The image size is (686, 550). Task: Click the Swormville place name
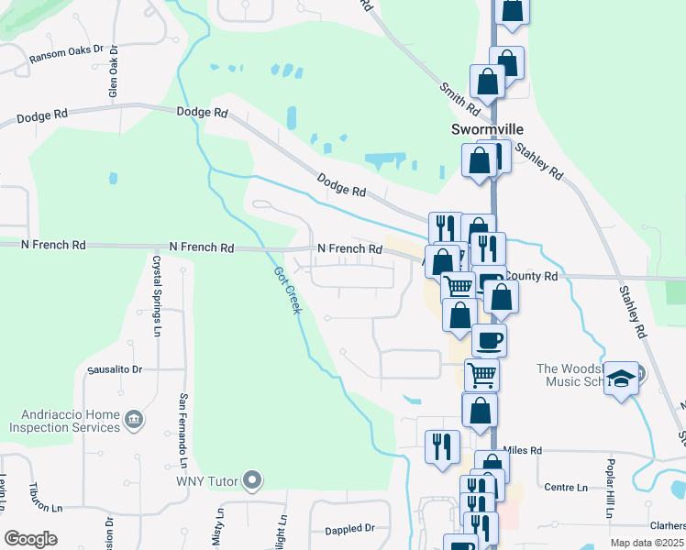485,129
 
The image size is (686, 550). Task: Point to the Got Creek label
287,289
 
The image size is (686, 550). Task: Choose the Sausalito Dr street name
115,369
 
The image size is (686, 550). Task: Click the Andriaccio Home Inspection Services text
64,420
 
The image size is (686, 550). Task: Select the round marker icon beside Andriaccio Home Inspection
134,420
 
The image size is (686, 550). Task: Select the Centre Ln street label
565,487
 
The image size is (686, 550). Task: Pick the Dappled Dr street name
350,529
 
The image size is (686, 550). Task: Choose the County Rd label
531,276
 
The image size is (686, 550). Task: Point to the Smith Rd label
459,96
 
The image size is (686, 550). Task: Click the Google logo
30,539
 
